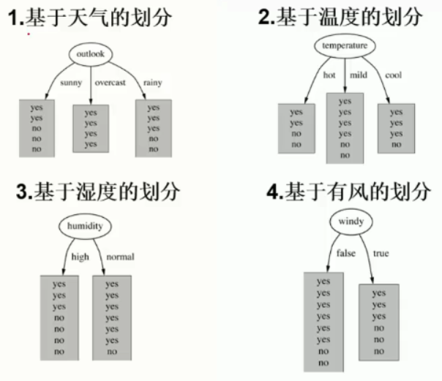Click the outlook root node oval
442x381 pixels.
point(91,55)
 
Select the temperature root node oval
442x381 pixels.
point(345,46)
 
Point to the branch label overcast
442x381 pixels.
point(110,83)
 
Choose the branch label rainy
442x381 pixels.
point(153,82)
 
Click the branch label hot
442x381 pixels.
point(329,75)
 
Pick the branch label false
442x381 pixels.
point(345,253)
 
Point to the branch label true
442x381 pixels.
point(381,253)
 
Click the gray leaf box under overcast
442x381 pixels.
point(91,128)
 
